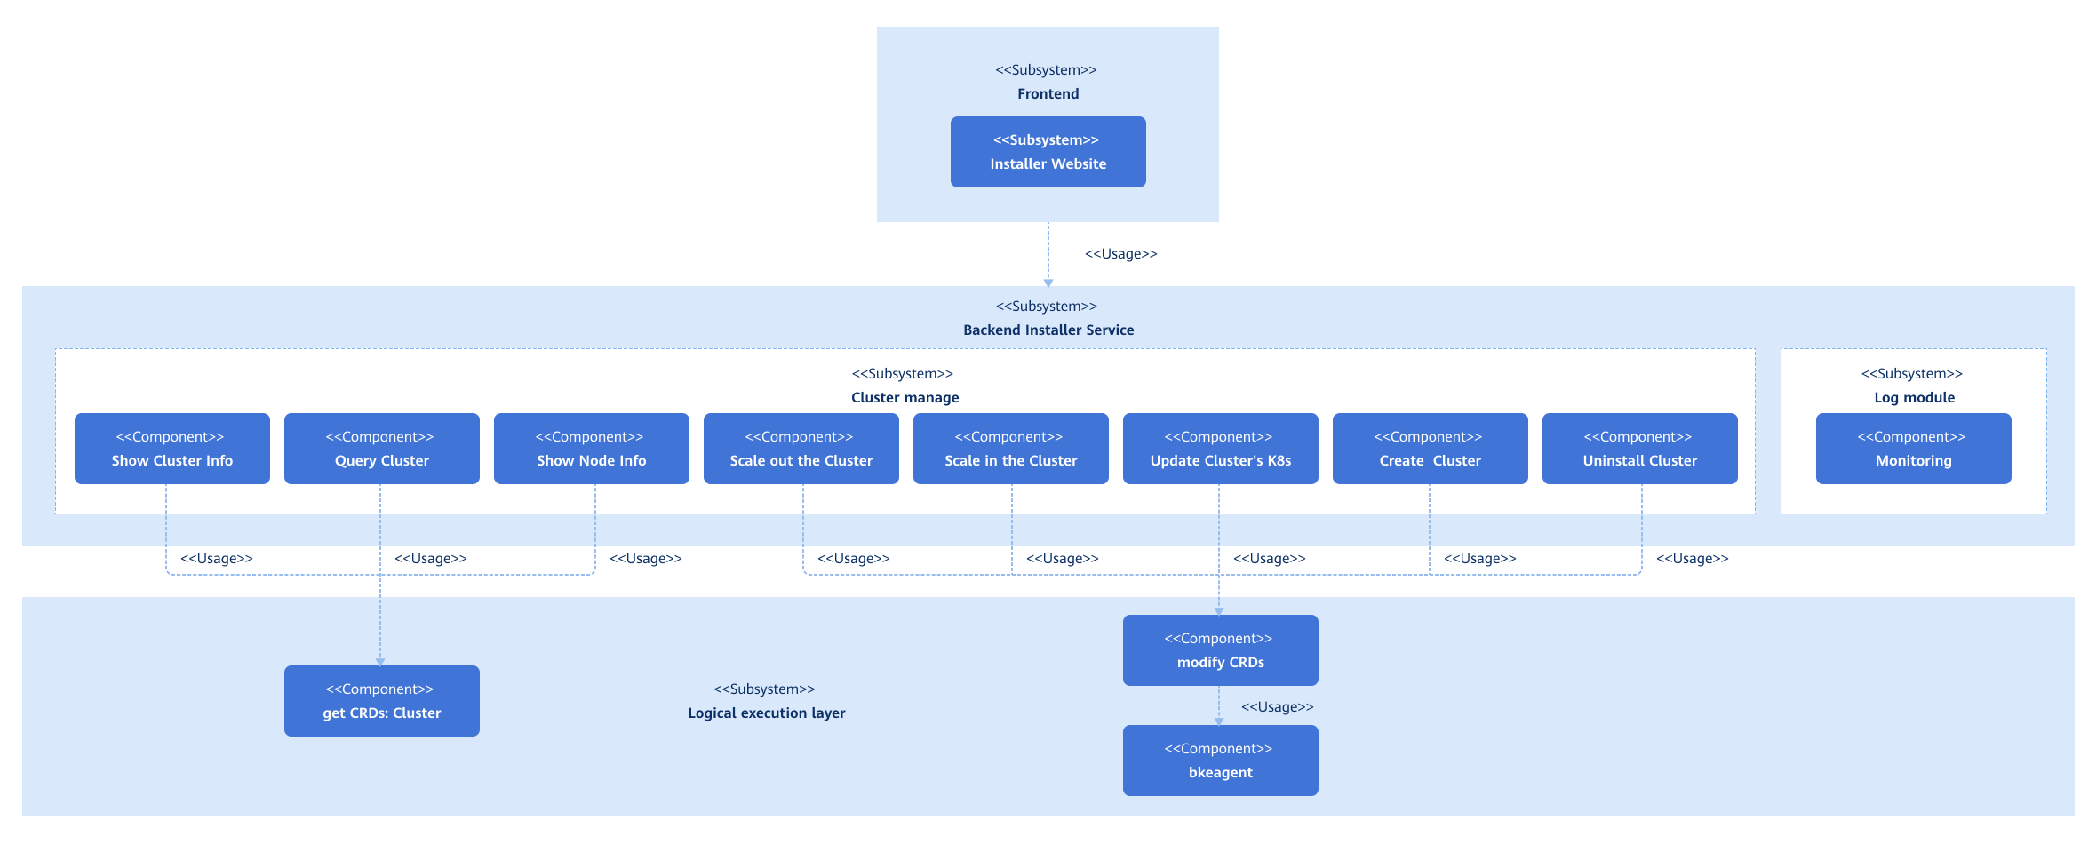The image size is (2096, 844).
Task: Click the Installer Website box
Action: (x=1048, y=152)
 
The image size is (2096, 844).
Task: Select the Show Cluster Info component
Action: (x=171, y=449)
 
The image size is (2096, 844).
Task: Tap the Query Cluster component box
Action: (x=381, y=449)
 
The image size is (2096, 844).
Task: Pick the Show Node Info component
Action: (x=591, y=449)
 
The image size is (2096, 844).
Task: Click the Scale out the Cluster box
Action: (x=801, y=449)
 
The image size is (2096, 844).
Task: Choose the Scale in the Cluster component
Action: (x=1010, y=449)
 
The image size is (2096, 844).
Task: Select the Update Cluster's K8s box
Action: (x=1220, y=449)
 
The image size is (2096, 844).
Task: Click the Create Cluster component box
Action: (x=1430, y=449)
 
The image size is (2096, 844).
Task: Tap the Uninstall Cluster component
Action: (x=1639, y=449)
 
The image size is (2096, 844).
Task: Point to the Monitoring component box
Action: (x=1913, y=449)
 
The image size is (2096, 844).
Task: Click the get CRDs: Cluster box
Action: (x=381, y=701)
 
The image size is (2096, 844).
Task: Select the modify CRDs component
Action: (x=1220, y=650)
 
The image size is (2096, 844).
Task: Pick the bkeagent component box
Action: (x=1220, y=760)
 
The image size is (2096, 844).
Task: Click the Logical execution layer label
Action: (x=766, y=713)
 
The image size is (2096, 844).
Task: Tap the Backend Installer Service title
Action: (x=1048, y=330)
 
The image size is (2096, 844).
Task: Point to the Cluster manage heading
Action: (x=905, y=397)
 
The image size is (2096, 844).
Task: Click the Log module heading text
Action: (x=1914, y=397)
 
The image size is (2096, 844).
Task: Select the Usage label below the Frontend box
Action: (x=1120, y=254)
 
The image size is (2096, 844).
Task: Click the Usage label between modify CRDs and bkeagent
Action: (x=1277, y=707)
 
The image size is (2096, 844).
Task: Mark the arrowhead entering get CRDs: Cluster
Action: (x=380, y=662)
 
